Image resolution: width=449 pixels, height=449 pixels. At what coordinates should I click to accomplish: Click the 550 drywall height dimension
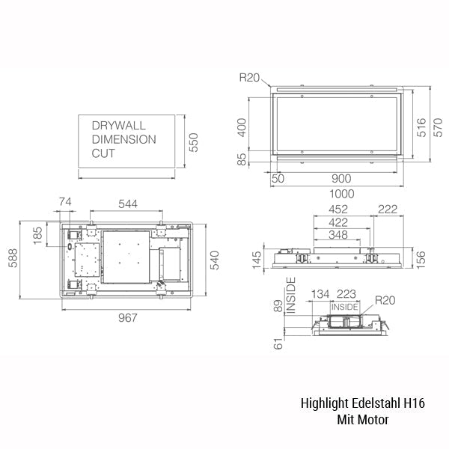pyautogui.click(x=194, y=142)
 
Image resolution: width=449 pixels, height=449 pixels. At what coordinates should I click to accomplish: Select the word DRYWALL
pyautogui.click(x=118, y=126)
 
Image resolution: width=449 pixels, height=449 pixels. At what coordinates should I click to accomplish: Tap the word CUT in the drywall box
pyautogui.click(x=103, y=153)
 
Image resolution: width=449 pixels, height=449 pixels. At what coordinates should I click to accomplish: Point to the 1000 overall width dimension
pyautogui.click(x=342, y=194)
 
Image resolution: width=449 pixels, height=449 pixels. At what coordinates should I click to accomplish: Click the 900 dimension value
pyautogui.click(x=341, y=179)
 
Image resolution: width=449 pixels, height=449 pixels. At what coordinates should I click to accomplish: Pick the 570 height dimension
pyautogui.click(x=438, y=127)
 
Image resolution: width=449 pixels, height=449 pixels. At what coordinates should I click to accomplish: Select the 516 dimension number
pyautogui.click(x=421, y=127)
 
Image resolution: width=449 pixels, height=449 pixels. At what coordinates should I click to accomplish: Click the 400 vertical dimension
pyautogui.click(x=242, y=127)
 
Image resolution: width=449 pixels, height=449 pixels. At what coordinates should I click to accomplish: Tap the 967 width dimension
pyautogui.click(x=128, y=317)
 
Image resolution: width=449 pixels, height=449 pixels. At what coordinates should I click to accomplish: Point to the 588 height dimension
pyautogui.click(x=13, y=258)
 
